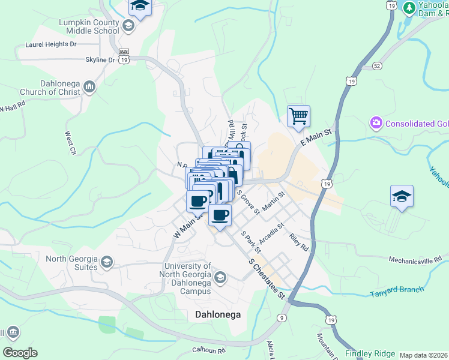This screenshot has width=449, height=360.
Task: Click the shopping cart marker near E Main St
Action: click(298, 116)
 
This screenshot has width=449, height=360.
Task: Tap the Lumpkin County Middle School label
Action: click(80, 26)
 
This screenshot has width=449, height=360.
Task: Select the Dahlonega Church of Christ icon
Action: click(89, 88)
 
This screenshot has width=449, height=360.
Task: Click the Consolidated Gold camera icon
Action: click(376, 124)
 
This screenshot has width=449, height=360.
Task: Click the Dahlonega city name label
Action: click(216, 314)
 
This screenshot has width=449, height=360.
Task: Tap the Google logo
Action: click(20, 352)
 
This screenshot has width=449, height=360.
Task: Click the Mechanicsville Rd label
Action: click(414, 260)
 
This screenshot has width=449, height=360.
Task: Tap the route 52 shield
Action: click(377, 65)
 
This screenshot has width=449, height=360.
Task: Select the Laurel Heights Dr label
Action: click(51, 44)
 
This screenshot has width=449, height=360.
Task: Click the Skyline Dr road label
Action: click(100, 60)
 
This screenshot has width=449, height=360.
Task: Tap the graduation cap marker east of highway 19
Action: click(402, 197)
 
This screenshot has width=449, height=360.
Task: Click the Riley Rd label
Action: click(298, 243)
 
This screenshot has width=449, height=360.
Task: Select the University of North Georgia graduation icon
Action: click(220, 277)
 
